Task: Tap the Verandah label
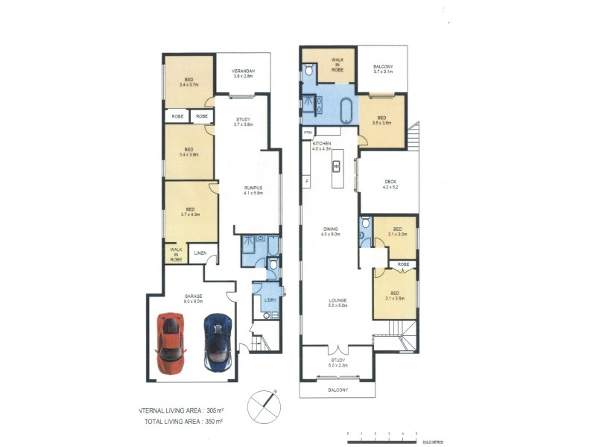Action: point(244,74)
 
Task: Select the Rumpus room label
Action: point(254,190)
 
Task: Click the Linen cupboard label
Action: point(200,254)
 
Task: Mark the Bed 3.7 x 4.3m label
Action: point(190,212)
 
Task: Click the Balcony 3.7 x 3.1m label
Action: point(387,69)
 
